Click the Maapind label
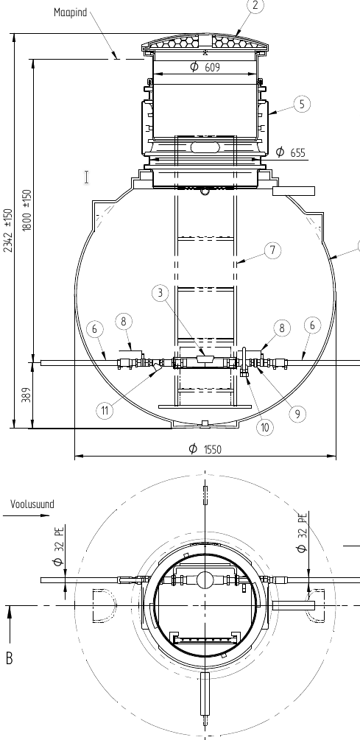pos(70,13)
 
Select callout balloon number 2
pos(255,6)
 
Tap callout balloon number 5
pos(302,104)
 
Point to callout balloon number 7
pos(272,250)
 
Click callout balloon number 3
pos(160,293)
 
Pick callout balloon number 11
pos(105,411)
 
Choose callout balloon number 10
pos(265,427)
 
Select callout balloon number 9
pos(297,414)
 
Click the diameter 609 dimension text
pos(205,67)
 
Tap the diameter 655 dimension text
pos(290,152)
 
